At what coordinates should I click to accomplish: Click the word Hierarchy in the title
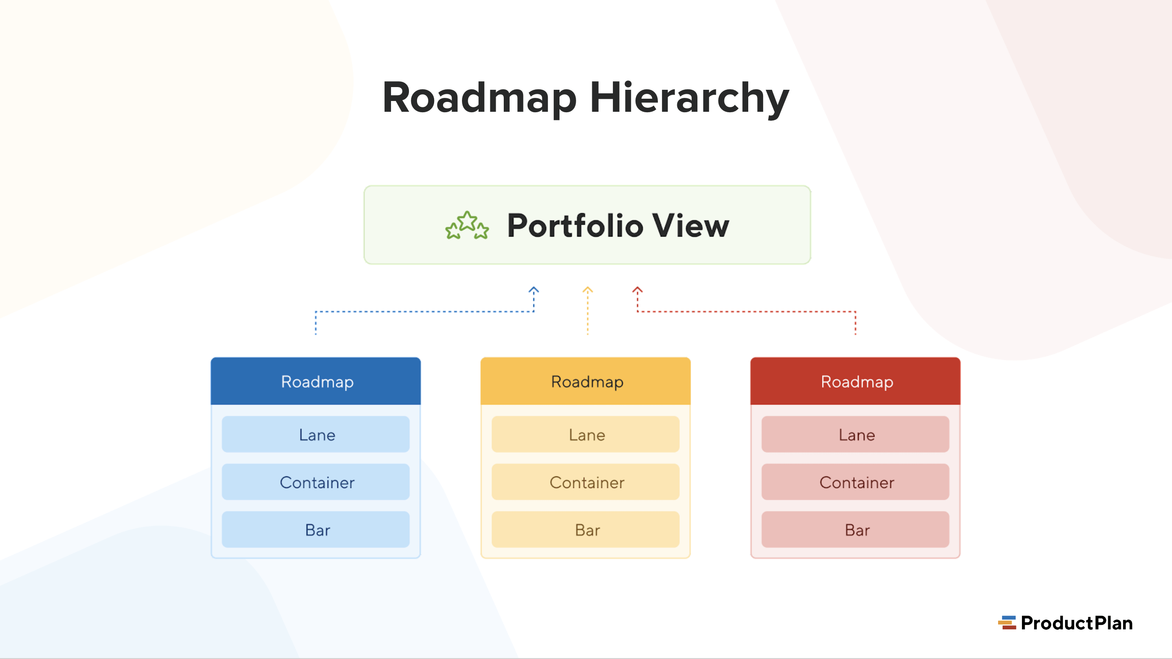(x=689, y=98)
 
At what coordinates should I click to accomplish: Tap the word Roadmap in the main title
(x=480, y=98)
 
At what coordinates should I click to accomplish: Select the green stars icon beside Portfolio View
(x=467, y=225)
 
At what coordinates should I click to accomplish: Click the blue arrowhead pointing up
(x=534, y=290)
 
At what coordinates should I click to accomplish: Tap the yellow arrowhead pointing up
(x=588, y=290)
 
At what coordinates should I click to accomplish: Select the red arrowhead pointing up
(x=637, y=290)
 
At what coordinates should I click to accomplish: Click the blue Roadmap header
(x=316, y=381)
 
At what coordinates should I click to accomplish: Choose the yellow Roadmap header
(x=586, y=381)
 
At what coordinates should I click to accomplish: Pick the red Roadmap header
(x=855, y=381)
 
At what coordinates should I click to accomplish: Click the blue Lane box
(x=316, y=435)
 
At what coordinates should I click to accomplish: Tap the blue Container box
(x=316, y=482)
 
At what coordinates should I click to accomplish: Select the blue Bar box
(x=316, y=530)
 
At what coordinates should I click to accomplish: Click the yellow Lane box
(x=586, y=435)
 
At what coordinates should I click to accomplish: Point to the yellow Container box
(x=586, y=482)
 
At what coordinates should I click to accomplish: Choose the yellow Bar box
(x=586, y=530)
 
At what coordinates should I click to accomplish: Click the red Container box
(x=855, y=482)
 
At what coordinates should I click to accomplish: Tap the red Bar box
(x=855, y=530)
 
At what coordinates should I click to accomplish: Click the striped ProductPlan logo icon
(x=1007, y=623)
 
